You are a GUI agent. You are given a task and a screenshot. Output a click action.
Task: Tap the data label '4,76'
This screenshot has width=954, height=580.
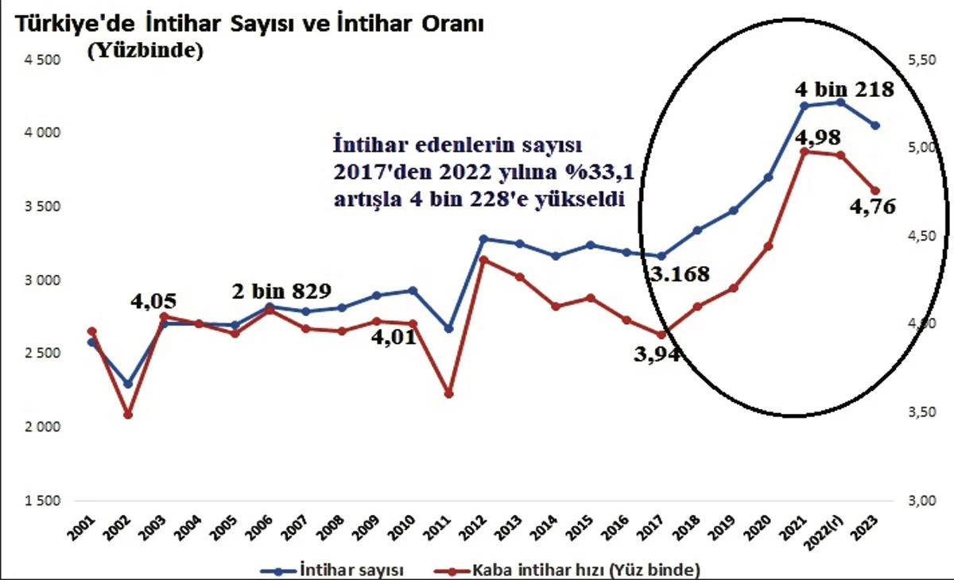click(x=872, y=207)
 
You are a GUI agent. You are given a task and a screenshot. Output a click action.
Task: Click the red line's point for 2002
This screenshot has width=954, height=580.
click(x=128, y=415)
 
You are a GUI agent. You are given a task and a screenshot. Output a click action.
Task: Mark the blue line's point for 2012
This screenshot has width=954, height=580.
click(x=484, y=238)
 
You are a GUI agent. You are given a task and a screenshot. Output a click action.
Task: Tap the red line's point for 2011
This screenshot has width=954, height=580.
click(x=448, y=394)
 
